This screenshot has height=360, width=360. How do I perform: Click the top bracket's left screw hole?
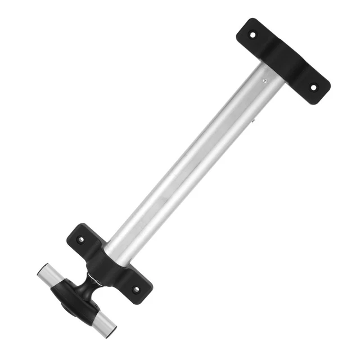click(x=253, y=34)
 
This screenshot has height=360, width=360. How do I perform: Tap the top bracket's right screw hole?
click(x=314, y=88)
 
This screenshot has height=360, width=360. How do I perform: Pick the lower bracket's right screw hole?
click(x=136, y=290)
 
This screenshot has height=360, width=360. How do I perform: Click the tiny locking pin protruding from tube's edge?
click(x=254, y=120)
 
